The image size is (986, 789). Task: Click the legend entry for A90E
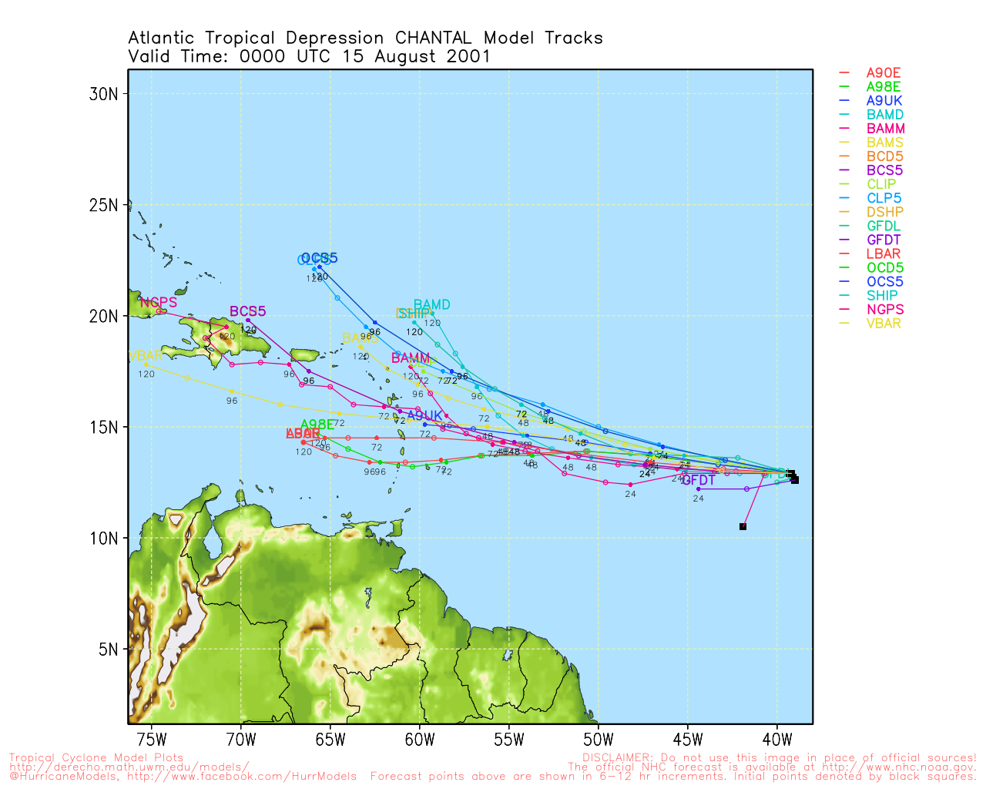[883, 73]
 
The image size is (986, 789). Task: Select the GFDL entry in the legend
[883, 226]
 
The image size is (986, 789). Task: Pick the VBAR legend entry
[883, 323]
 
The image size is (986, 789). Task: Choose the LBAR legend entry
[883, 253]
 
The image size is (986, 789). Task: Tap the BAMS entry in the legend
[883, 143]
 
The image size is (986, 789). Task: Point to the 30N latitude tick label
[103, 94]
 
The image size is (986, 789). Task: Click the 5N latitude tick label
[107, 649]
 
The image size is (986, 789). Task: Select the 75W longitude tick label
[152, 740]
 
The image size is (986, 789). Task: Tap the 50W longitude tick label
[599, 740]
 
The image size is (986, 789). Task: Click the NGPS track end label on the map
[159, 303]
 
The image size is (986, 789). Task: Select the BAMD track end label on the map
[431, 304]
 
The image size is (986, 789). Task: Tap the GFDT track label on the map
[699, 481]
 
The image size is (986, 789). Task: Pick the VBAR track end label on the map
[146, 356]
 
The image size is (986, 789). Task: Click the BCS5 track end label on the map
[247, 311]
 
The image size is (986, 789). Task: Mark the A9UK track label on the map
[424, 416]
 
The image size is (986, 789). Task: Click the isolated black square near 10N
[743, 526]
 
